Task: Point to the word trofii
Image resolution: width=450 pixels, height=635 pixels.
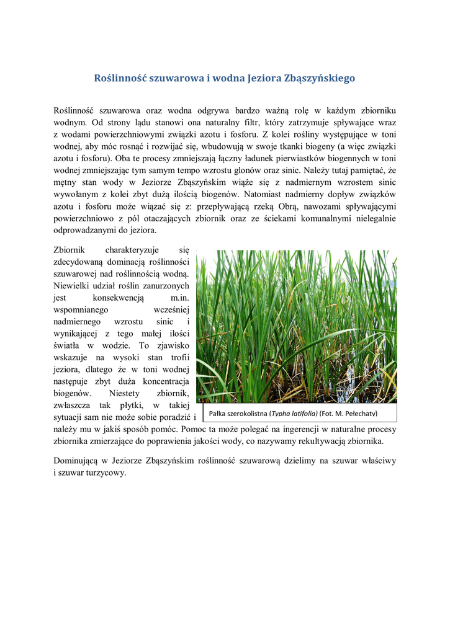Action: coord(179,357)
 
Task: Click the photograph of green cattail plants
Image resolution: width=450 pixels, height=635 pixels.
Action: coord(296,326)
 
